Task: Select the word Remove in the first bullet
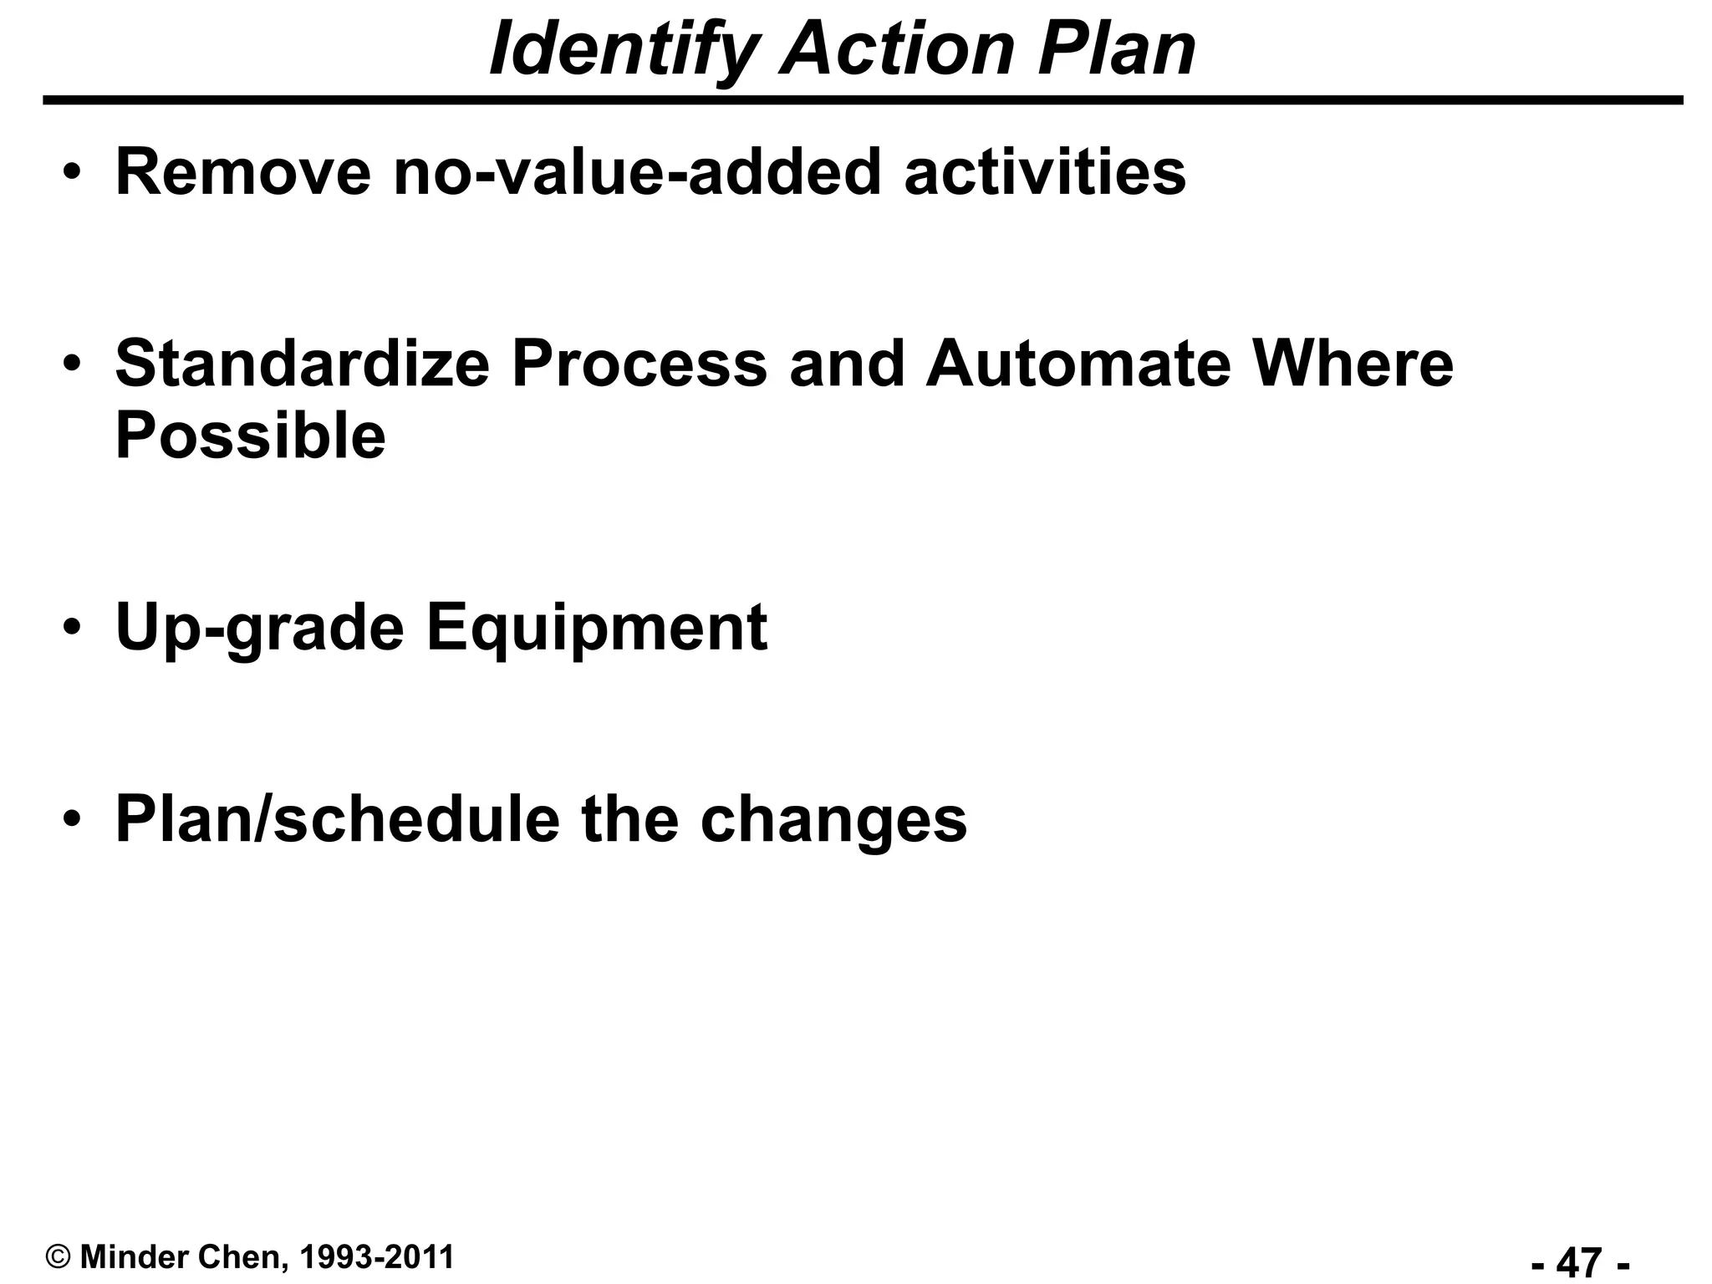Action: [x=242, y=172]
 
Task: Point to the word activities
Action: [x=1044, y=172]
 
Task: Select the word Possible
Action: [x=250, y=436]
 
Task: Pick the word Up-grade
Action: [x=259, y=628]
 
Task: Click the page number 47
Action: [x=1580, y=1261]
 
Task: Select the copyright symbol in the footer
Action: [x=58, y=1257]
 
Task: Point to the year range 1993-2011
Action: [x=375, y=1256]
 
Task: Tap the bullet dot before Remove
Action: [x=73, y=171]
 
